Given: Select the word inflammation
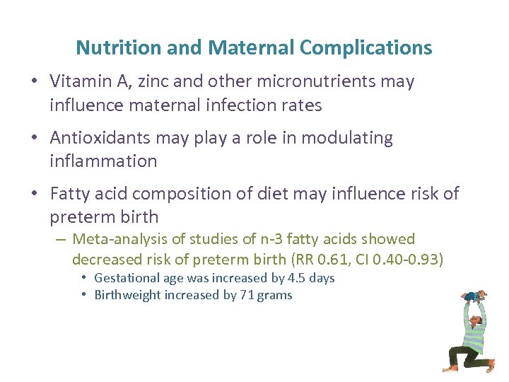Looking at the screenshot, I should [x=103, y=161].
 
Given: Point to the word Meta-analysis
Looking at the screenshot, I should [x=120, y=240].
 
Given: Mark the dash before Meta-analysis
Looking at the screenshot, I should [x=62, y=240].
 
